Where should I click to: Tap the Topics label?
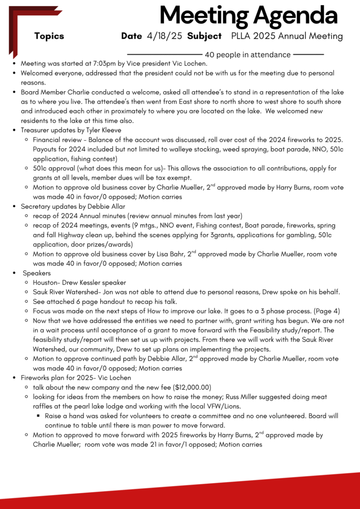[x=49, y=36]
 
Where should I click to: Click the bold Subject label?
[x=204, y=36]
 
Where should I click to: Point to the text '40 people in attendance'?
[x=248, y=55]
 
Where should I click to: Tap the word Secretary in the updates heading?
[x=37, y=206]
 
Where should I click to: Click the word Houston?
[x=47, y=282]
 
